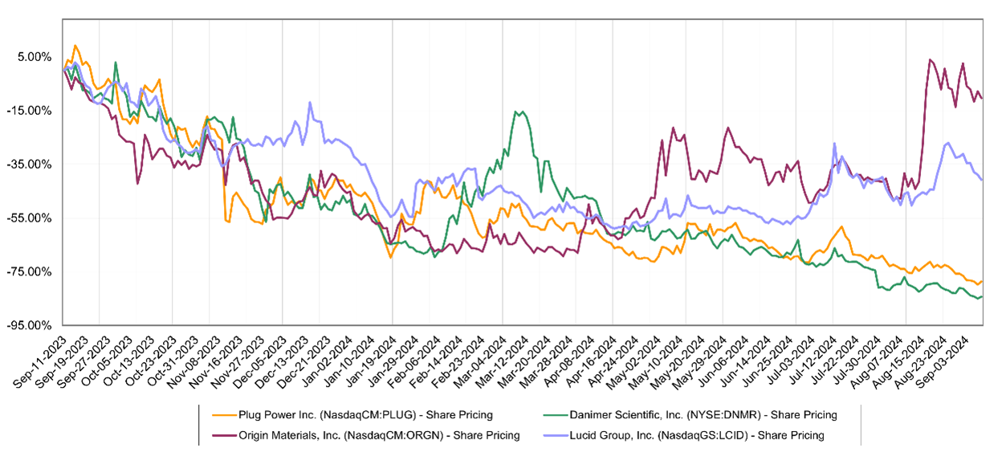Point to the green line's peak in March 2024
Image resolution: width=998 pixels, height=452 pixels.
[x=520, y=112]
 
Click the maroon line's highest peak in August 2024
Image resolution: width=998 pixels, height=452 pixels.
[x=930, y=60]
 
